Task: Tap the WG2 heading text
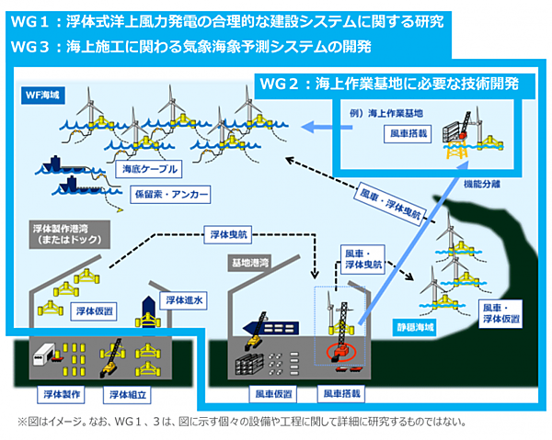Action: pyautogui.click(x=391, y=84)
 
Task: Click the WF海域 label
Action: pyautogui.click(x=41, y=95)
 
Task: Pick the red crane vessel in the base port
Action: pyautogui.click(x=339, y=353)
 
